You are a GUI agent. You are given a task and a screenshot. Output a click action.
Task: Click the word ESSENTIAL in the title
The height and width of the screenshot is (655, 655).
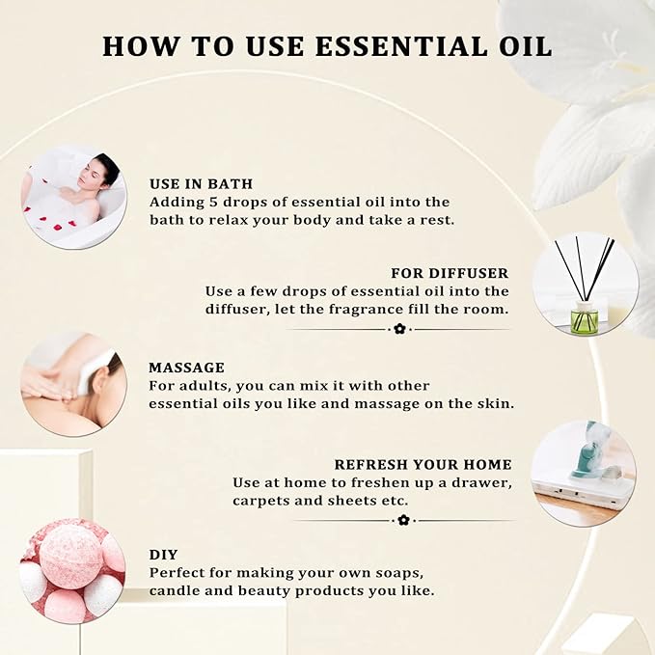tap(401, 46)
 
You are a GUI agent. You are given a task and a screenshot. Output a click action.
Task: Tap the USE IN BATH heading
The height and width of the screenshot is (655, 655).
tap(201, 184)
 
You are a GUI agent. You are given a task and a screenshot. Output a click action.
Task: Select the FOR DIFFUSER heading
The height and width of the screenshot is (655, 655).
tap(450, 273)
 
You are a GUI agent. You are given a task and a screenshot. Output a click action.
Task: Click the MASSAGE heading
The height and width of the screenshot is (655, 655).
tap(186, 368)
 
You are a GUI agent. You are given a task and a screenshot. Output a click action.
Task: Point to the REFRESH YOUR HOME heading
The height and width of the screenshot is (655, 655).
tap(423, 465)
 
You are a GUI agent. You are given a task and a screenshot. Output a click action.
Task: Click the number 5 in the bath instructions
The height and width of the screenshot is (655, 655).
tap(213, 203)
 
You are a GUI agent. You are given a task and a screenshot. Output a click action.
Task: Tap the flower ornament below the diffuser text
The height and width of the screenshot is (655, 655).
tap(399, 329)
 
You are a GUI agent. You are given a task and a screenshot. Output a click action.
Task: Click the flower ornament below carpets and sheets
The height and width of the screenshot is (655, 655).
tap(403, 521)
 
